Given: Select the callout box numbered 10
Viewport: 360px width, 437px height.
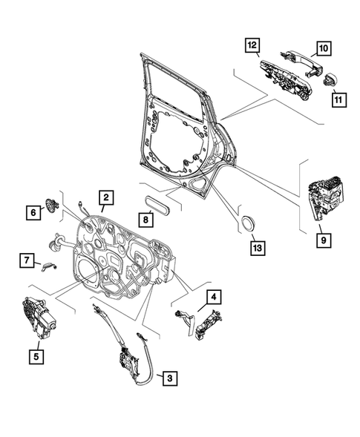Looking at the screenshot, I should (x=323, y=49).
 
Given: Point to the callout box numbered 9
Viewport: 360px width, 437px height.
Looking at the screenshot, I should (x=321, y=240).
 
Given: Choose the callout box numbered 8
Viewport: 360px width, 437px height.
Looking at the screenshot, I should (x=147, y=219).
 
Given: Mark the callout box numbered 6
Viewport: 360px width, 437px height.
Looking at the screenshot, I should (x=33, y=212).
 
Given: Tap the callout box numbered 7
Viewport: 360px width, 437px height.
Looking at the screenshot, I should (x=26, y=260).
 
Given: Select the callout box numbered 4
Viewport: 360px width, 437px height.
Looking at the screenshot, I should (x=215, y=298).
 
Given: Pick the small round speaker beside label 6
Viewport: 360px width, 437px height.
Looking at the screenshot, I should (x=52, y=206).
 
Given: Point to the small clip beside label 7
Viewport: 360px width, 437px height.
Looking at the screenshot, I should (x=50, y=266).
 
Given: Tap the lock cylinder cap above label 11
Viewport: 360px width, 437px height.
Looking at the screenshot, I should (x=331, y=79).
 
